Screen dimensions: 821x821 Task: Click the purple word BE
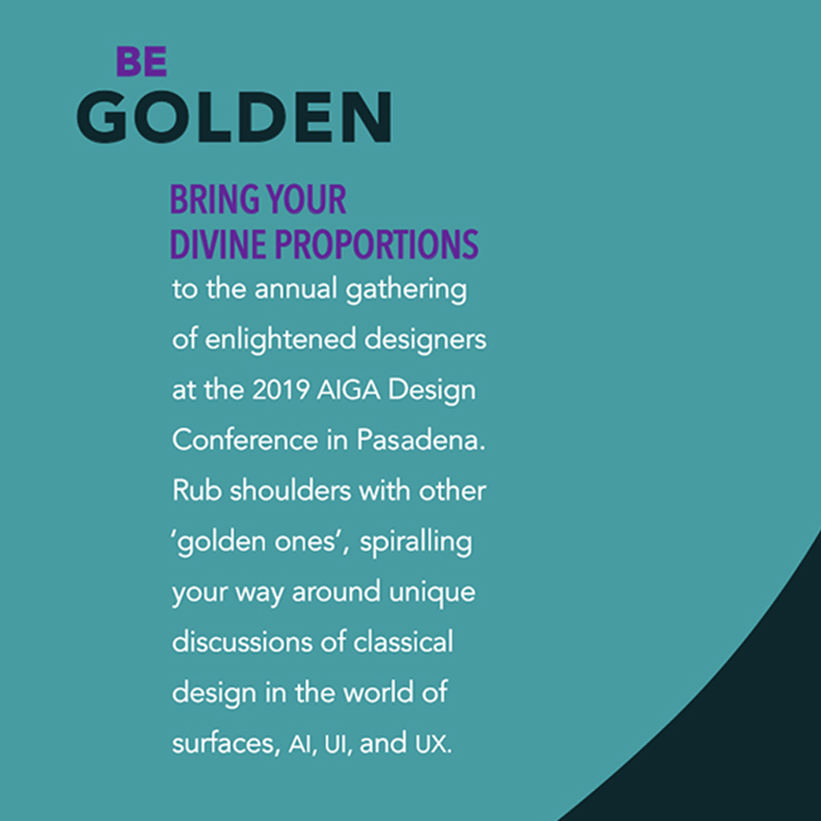click(141, 62)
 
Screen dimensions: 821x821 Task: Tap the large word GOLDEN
click(234, 116)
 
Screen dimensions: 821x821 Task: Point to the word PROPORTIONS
click(377, 244)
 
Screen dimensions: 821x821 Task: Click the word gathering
click(406, 290)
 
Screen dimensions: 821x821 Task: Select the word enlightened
click(280, 340)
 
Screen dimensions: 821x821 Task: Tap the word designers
click(425, 340)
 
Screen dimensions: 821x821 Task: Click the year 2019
click(280, 389)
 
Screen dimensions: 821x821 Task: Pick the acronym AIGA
click(348, 389)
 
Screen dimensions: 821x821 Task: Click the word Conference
click(245, 439)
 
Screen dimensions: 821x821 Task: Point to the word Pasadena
click(421, 439)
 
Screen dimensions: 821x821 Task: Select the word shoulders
click(291, 491)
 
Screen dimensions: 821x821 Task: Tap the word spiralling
click(416, 543)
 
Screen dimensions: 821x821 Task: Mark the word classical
click(403, 641)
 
